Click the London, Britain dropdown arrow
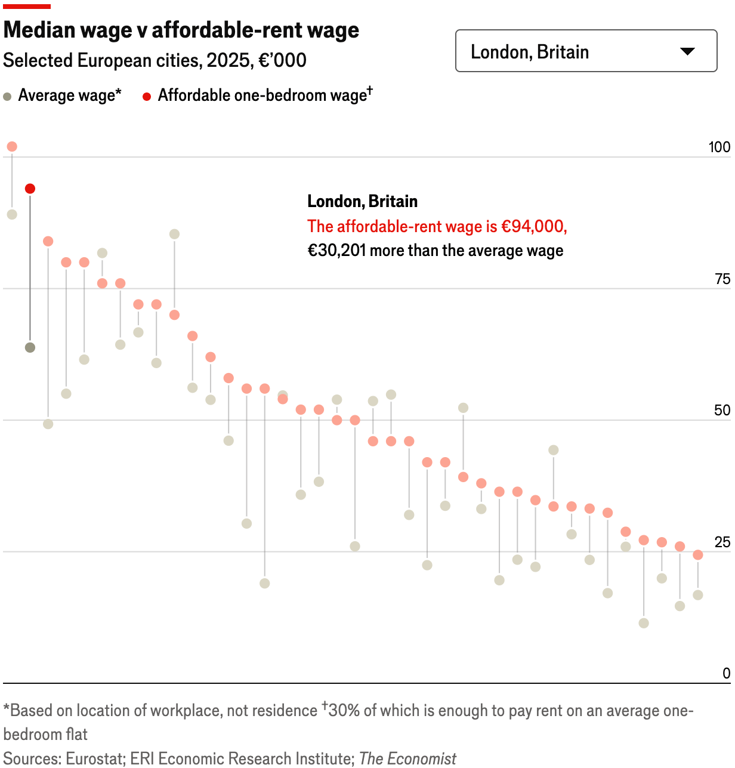[687, 51]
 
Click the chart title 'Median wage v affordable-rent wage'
[181, 30]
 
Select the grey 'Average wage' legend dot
[7, 96]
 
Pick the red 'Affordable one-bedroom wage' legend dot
[147, 96]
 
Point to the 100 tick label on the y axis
[719, 147]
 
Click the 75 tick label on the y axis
[722, 279]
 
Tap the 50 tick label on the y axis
[722, 410]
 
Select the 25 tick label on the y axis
[722, 542]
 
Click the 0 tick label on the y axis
[726, 673]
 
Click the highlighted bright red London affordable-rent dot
[30, 189]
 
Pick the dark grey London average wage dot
[30, 347]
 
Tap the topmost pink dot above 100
[12, 147]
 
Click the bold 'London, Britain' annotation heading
[362, 201]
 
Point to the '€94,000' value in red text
[533, 226]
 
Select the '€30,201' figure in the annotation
[336, 251]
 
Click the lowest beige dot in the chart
[644, 623]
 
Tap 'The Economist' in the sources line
[407, 758]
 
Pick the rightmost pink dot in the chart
[698, 555]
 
